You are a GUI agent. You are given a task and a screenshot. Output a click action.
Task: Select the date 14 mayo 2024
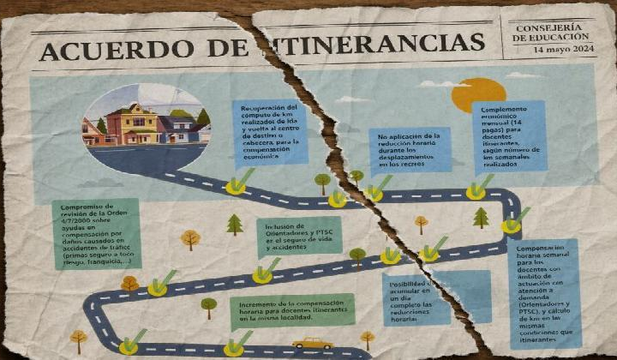coord(562,50)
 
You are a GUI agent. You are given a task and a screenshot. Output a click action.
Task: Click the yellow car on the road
coord(312,343)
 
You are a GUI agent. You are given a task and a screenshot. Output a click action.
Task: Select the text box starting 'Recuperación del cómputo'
coord(271,132)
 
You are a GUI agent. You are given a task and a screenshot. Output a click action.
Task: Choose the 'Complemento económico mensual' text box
coord(512,136)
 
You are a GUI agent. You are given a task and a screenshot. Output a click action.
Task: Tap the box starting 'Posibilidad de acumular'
coord(416,300)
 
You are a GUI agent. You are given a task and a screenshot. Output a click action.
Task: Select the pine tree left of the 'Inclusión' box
coord(235,225)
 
